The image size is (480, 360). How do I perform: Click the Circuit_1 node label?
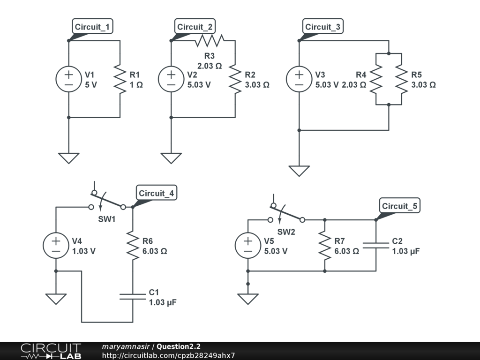pos(92,27)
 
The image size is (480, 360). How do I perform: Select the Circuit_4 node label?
pos(157,193)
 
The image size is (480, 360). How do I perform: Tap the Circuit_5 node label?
pos(399,206)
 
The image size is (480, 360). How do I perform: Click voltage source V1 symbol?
pos(69,79)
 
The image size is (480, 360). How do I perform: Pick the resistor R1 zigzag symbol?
pos(120,79)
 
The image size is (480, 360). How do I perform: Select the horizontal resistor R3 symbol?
pos(210,41)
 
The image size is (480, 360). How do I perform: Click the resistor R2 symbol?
pos(235,79)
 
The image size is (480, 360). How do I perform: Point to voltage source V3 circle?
pos(299,79)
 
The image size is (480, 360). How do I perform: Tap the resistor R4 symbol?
pos(376,79)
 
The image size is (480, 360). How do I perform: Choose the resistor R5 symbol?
pos(402,79)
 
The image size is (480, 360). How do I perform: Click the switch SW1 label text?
pos(107,219)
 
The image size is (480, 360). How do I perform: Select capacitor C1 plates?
pos(133,296)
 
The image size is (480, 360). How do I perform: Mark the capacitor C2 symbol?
pos(376,245)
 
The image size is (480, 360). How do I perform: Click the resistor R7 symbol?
pos(325,245)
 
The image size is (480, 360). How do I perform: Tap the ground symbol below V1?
pos(69,158)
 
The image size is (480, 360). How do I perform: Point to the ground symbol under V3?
pos(299,171)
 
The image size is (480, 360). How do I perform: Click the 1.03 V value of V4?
pos(84,251)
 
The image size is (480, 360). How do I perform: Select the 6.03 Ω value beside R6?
pos(155,251)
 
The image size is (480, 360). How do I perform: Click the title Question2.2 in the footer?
pos(179,346)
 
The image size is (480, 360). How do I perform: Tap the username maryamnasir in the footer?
pos(126,346)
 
